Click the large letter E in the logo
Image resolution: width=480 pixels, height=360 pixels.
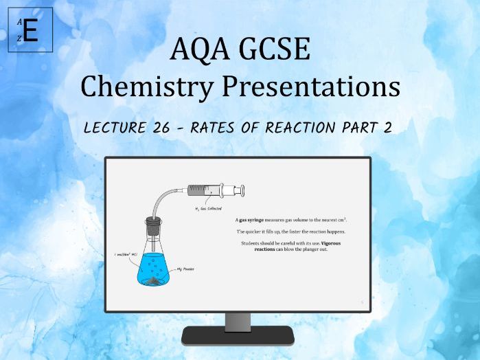click(x=30, y=32)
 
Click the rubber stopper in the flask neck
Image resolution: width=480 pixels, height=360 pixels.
click(x=154, y=223)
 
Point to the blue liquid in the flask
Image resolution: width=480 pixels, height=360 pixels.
click(x=152, y=269)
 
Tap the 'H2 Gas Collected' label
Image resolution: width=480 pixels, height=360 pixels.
click(x=210, y=206)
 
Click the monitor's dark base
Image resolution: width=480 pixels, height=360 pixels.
click(x=238, y=336)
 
